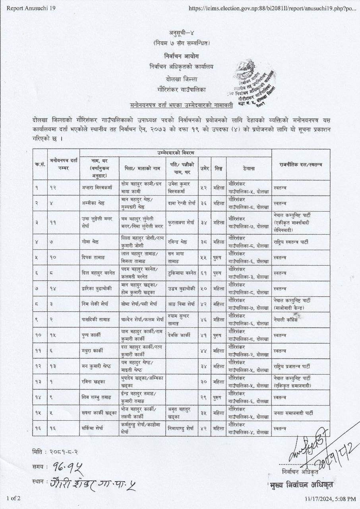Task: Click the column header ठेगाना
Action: coord(249,169)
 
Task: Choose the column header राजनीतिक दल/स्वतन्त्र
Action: coord(300,164)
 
